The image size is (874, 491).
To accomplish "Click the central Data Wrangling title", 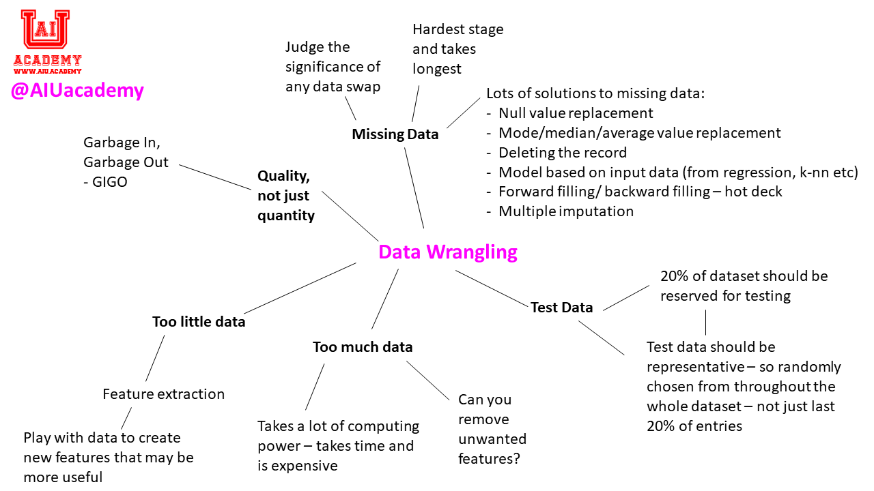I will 448,252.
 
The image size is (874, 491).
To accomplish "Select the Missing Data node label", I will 395,134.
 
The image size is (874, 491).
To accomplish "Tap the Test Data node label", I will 561,308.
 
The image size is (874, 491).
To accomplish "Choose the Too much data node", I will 363,347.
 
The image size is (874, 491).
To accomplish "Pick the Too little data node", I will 199,322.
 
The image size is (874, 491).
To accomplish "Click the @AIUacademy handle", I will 77,91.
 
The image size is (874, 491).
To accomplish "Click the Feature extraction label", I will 163,394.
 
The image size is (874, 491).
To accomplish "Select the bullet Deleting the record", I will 563,152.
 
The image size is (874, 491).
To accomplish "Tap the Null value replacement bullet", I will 576,113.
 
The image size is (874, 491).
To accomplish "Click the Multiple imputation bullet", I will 566,211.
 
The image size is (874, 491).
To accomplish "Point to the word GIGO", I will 109,183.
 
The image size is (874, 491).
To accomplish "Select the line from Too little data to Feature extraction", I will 155,358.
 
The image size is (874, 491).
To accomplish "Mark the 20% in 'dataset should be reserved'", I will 675,276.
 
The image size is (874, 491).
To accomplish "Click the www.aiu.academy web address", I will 47,70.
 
